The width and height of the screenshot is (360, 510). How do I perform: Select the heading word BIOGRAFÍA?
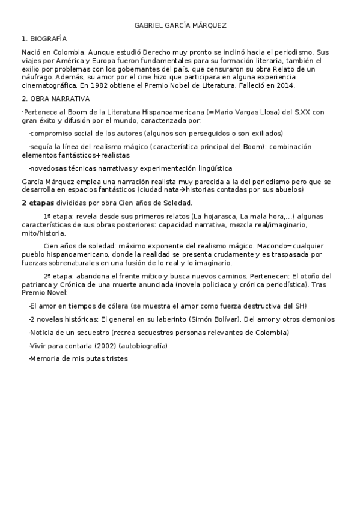point(48,38)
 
